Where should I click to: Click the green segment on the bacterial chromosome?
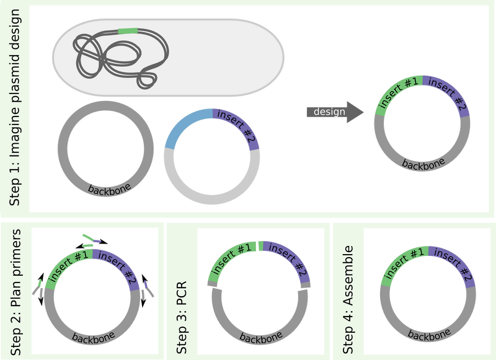(x=127, y=31)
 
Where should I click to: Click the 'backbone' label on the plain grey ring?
(x=109, y=188)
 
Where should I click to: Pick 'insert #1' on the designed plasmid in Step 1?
(x=399, y=94)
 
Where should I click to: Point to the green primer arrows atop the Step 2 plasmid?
(x=91, y=238)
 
